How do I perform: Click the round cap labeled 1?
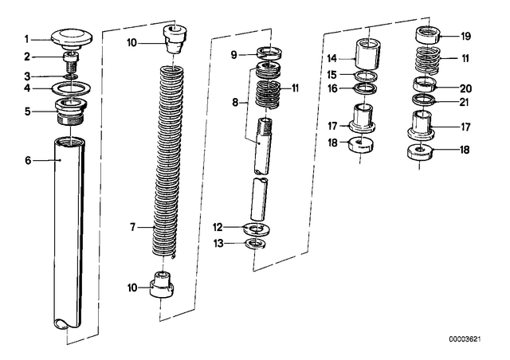point(71,38)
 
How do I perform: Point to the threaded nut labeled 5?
point(71,111)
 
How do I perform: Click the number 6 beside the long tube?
point(28,160)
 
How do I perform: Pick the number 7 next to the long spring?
point(132,227)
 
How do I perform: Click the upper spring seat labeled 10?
point(175,39)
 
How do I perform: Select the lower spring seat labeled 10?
point(163,284)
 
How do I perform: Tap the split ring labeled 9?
point(269,53)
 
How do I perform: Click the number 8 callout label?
point(236,103)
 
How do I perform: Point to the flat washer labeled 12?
point(257,229)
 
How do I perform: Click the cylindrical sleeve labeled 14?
point(367,54)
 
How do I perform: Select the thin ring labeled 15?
point(367,76)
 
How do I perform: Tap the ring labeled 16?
point(366,88)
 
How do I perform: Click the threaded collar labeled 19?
point(429,35)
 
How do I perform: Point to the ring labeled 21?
point(424,100)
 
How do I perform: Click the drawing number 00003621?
point(465,339)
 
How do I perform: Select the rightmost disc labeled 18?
point(421,152)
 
